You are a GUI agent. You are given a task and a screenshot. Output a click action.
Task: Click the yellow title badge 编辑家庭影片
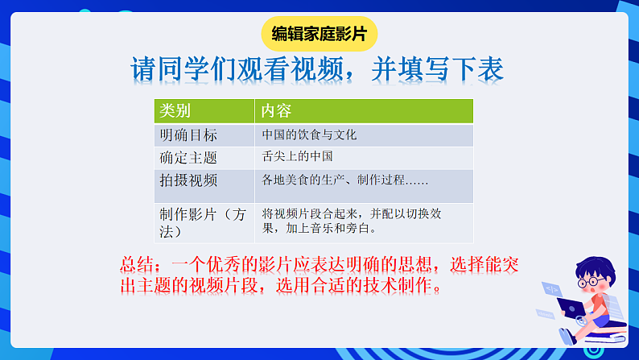click(319, 34)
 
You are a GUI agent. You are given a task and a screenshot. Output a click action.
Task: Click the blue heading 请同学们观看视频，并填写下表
click(317, 70)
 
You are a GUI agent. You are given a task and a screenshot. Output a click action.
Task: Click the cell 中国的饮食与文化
click(309, 134)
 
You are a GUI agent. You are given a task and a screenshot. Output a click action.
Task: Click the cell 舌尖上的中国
click(297, 157)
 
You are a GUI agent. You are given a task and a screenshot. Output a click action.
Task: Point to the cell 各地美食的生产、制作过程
click(344, 180)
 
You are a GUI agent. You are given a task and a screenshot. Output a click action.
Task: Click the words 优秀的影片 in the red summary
click(241, 263)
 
